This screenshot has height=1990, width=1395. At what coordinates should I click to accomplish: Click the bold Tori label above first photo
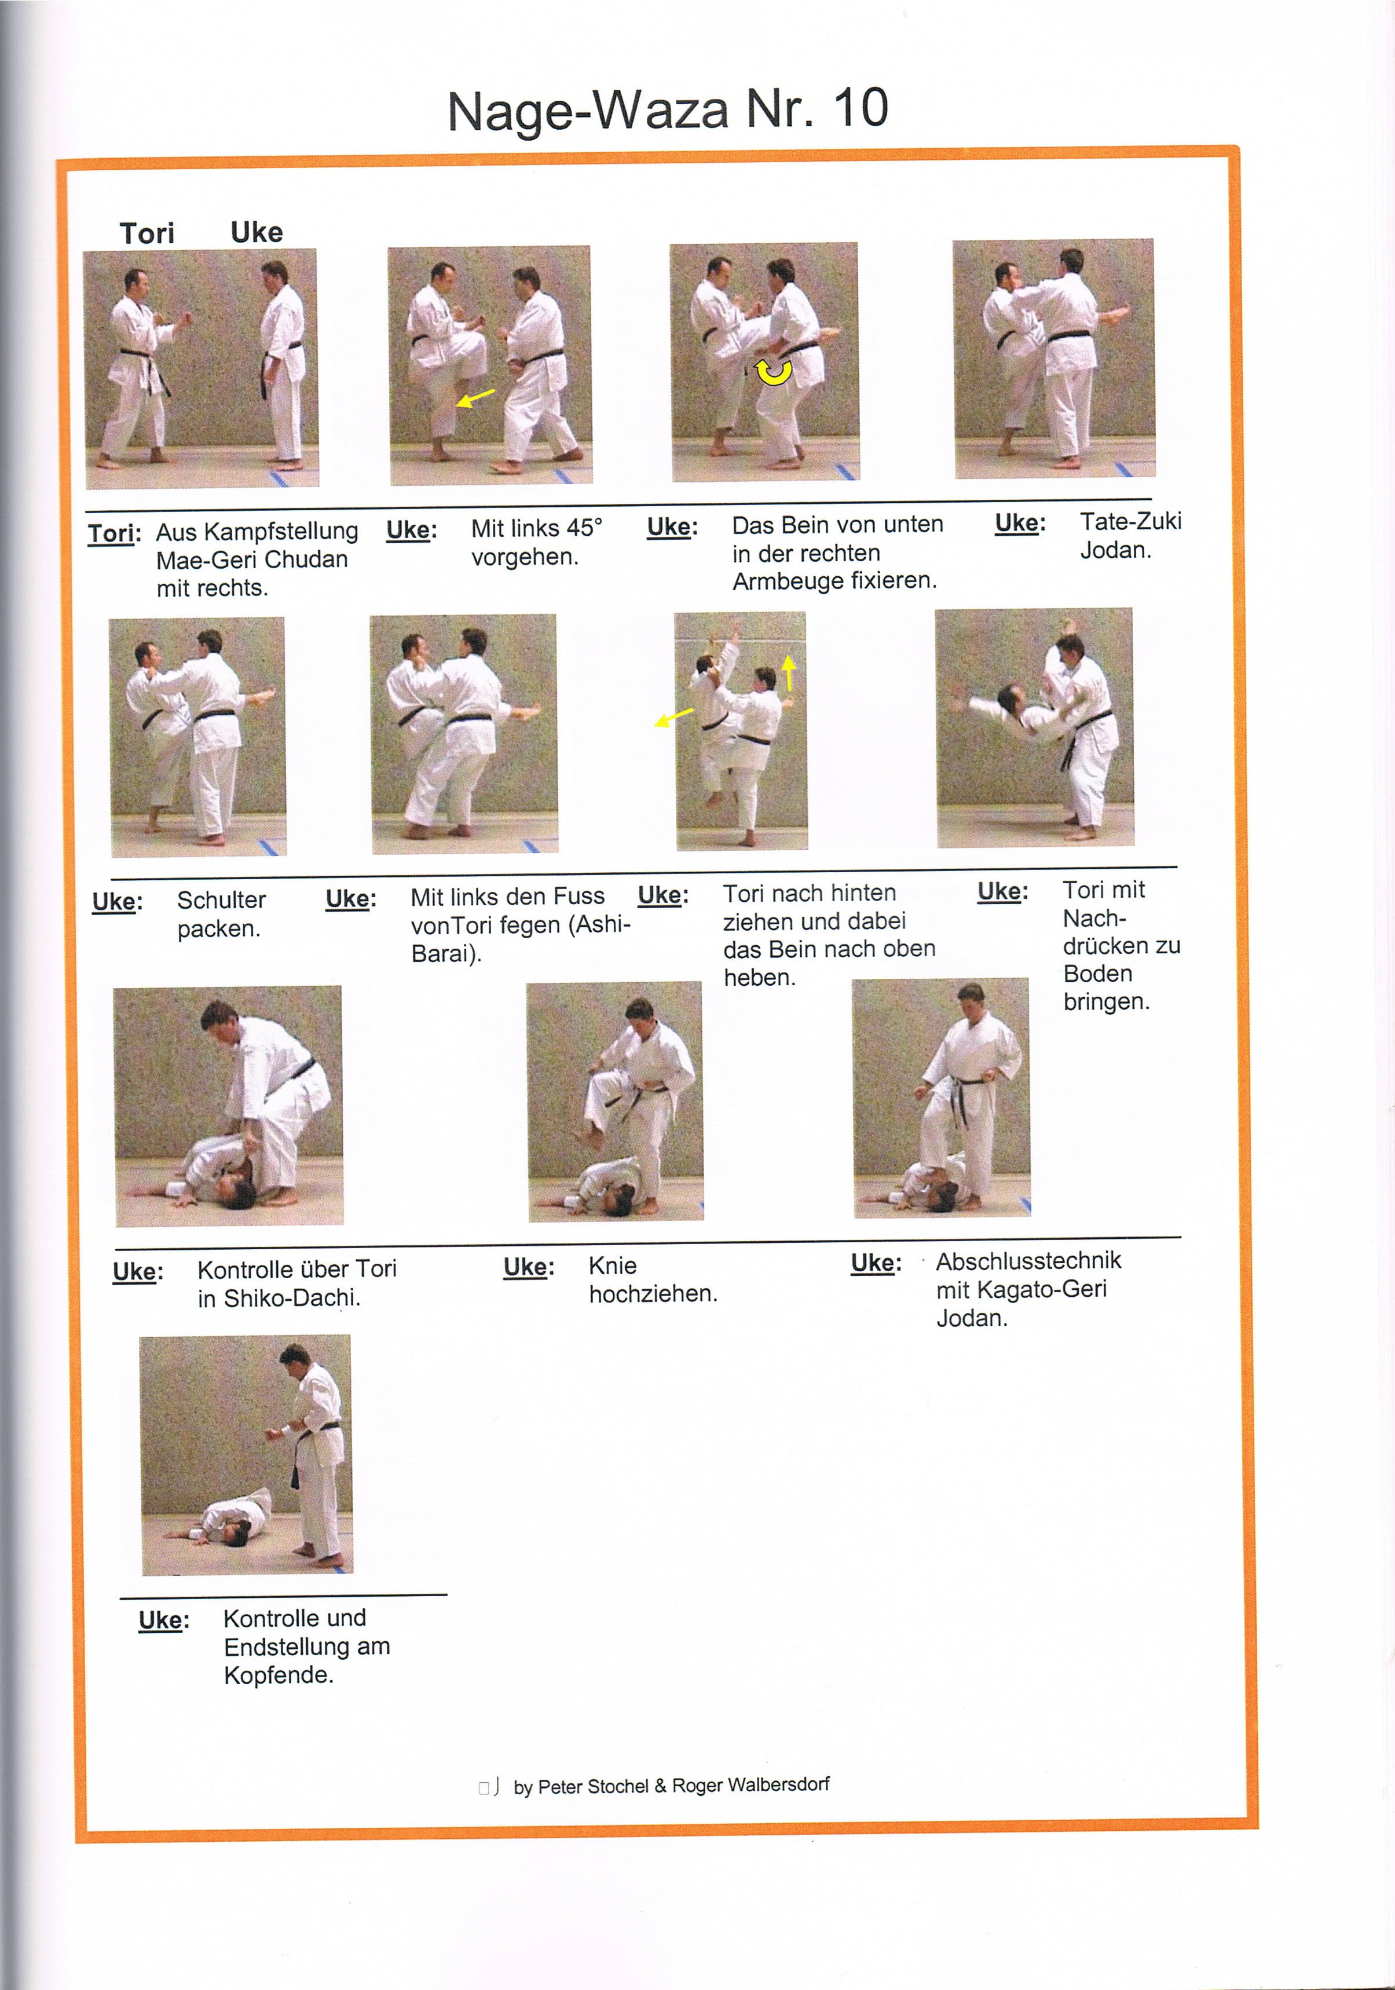coord(147,233)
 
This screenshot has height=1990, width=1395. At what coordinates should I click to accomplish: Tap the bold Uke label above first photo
coord(257,232)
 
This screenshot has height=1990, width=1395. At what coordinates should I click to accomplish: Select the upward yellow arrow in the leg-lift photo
coord(789,672)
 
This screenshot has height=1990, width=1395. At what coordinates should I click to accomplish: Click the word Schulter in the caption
coord(222,901)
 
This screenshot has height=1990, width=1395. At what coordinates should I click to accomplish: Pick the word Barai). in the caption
coord(445,954)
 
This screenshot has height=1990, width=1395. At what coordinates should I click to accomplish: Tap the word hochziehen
coord(653,1294)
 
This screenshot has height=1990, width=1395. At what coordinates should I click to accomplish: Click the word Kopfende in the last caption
coord(277,1676)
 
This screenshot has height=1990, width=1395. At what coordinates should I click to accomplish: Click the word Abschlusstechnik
coord(1028,1261)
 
